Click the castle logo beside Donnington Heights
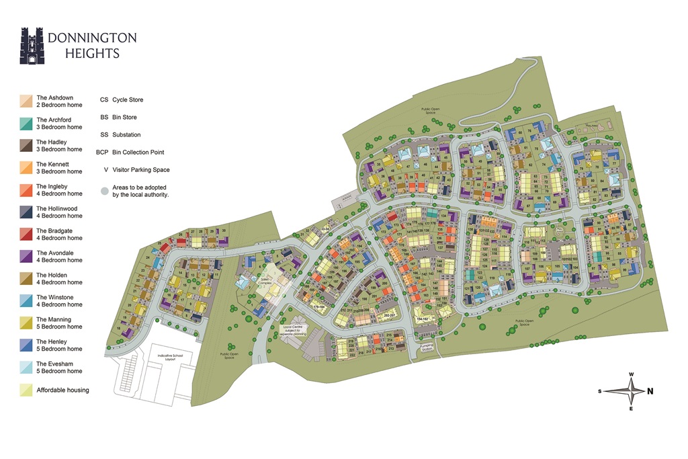coord(32,46)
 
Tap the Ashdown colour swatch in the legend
coord(26,101)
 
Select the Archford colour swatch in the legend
coord(26,124)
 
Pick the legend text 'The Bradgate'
coord(59,231)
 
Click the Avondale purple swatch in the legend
coord(26,257)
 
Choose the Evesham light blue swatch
coord(26,368)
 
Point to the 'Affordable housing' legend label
coord(62,390)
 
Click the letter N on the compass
coord(650,391)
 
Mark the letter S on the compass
coord(599,391)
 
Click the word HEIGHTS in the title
coord(92,53)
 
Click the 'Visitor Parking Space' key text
coord(140,170)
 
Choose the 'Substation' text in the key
coord(126,135)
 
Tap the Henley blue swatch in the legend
coord(26,345)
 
